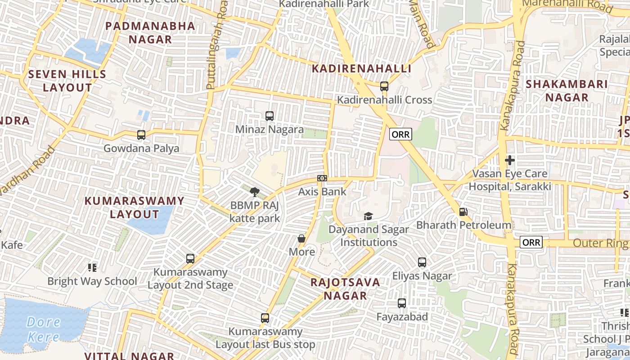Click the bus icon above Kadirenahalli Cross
pos(384,86)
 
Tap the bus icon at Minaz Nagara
pos(270,116)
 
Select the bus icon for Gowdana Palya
pos(141,135)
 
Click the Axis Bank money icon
pos(322,178)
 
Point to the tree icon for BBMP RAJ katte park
pos(255,192)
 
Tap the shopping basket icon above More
pos(301,238)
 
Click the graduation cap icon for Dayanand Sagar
pos(368,216)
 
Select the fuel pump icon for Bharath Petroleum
pos(463,211)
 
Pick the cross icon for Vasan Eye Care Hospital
pos(509,160)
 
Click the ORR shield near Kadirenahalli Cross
pos(400,134)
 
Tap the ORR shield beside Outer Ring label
pos(531,243)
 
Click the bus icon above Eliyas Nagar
pos(422,262)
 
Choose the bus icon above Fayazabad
pos(402,304)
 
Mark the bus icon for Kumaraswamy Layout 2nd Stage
pos(190,259)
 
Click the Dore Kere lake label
pos(43,329)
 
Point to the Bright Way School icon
pos(92,268)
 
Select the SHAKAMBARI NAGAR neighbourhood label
pos(567,90)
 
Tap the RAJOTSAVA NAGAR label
pos(346,289)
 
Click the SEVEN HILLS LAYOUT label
pos(67,81)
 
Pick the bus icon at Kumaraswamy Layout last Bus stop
pos(265,318)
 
